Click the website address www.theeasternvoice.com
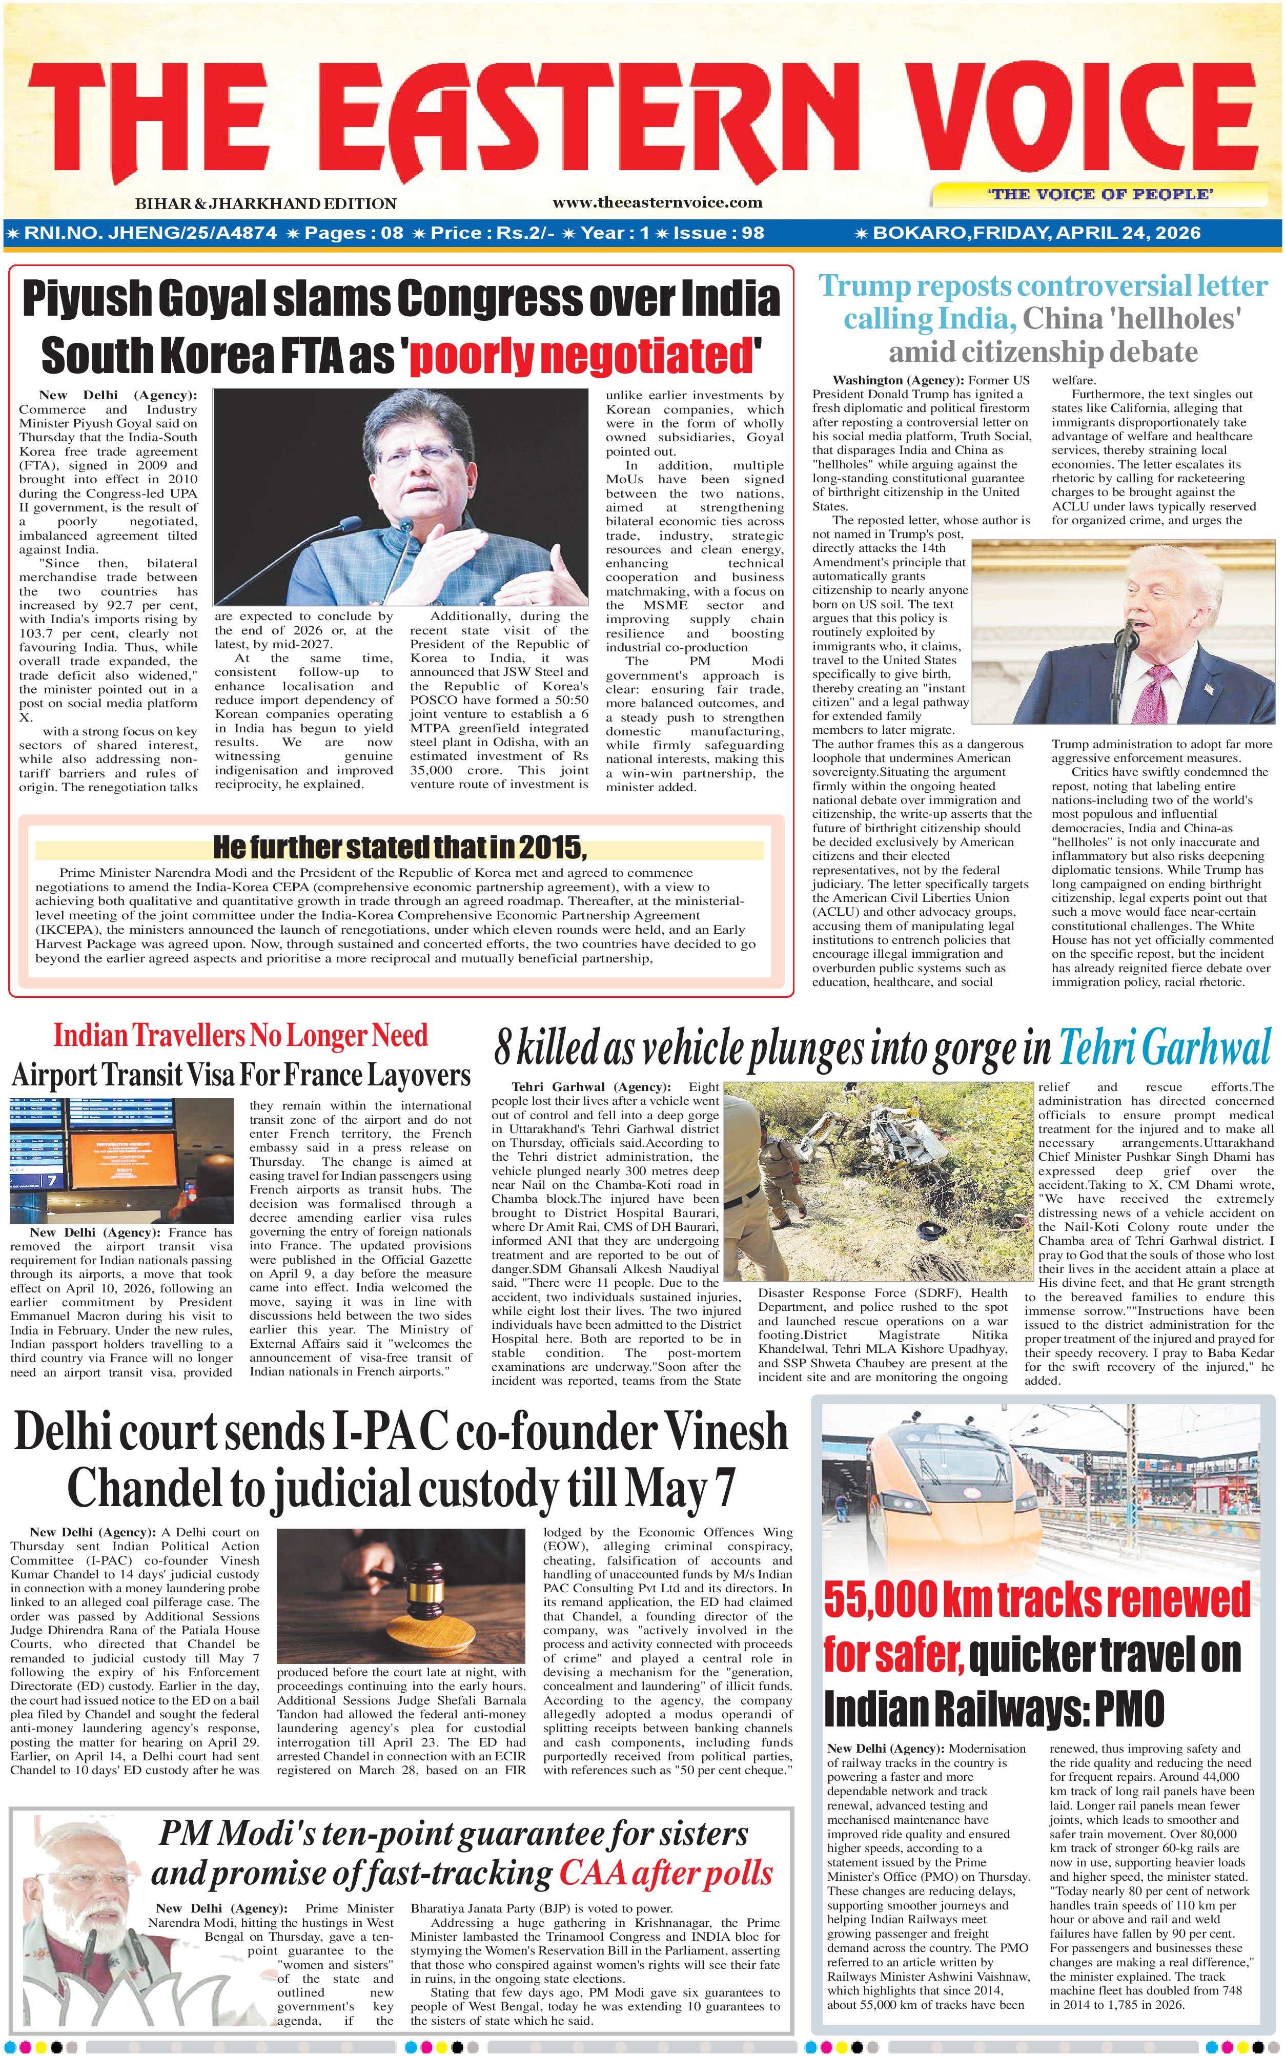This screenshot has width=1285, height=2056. pos(657,202)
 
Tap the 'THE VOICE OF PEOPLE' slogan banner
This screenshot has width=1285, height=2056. pos(1100,195)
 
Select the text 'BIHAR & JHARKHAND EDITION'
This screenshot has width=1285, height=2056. pos(265,204)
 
